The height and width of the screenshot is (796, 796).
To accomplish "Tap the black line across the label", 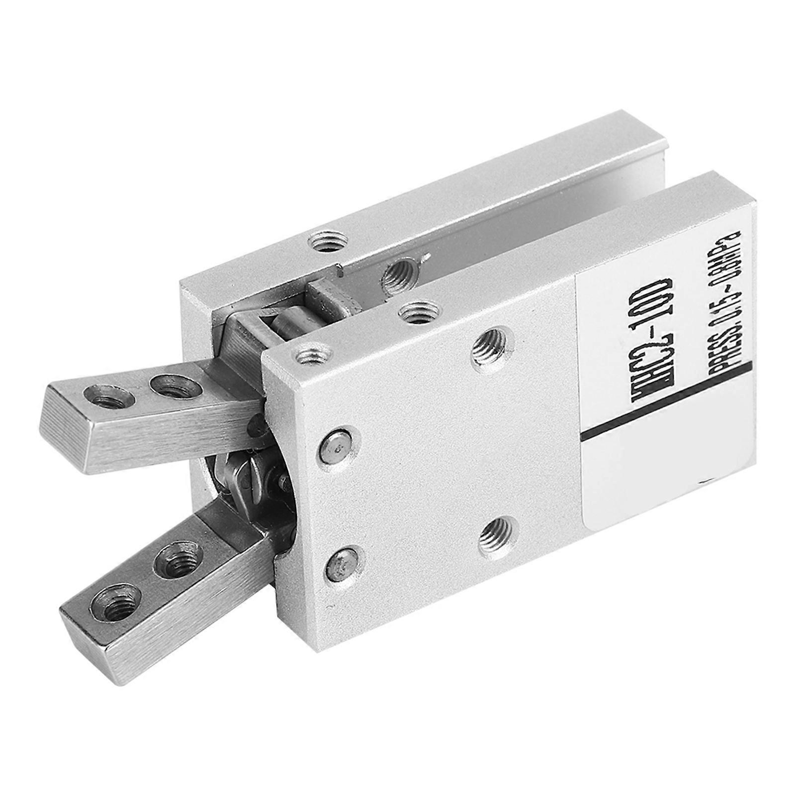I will [x=666, y=405].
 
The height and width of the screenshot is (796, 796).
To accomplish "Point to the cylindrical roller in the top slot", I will [x=288, y=324].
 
